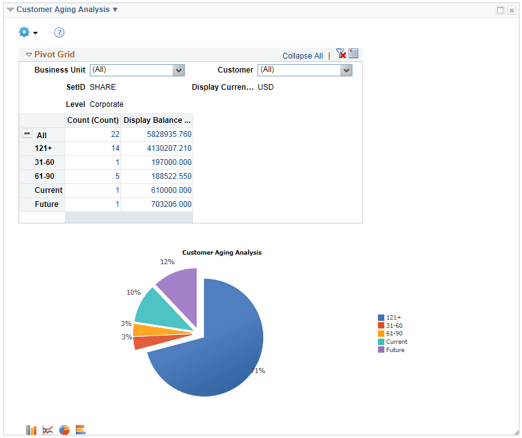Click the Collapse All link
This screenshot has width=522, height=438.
click(x=302, y=56)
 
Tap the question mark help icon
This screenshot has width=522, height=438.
click(x=59, y=32)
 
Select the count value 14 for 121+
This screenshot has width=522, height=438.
click(x=115, y=148)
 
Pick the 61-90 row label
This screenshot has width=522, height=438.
click(x=45, y=176)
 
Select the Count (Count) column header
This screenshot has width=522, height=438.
click(x=93, y=120)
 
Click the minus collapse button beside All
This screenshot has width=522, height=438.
click(x=27, y=134)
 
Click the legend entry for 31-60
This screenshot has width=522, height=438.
click(x=394, y=325)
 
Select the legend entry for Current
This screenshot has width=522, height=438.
click(x=396, y=342)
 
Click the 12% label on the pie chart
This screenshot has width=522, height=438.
click(x=167, y=262)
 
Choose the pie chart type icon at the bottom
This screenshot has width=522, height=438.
click(x=64, y=430)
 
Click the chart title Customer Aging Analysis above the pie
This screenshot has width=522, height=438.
click(x=222, y=253)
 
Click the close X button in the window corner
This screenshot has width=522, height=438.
click(x=511, y=10)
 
